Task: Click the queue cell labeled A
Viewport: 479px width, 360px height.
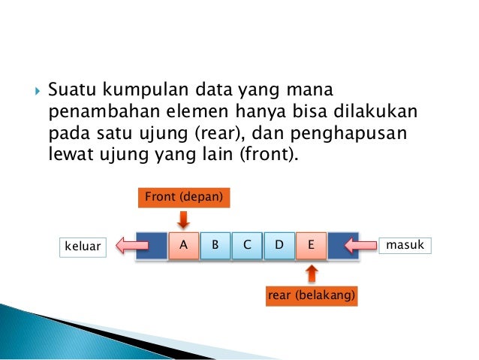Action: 184,245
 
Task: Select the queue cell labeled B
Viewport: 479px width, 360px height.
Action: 215,245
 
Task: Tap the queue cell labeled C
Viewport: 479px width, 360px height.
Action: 247,245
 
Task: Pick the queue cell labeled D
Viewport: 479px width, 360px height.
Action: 279,245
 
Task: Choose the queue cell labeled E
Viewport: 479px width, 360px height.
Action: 310,245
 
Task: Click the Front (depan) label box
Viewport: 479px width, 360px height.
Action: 183,198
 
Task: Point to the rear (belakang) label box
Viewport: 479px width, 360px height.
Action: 312,296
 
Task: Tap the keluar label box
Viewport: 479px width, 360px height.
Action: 83,247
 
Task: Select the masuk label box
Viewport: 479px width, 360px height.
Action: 405,245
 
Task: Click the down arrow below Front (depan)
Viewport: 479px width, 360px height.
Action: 183,220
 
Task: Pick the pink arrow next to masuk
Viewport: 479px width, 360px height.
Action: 360,245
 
